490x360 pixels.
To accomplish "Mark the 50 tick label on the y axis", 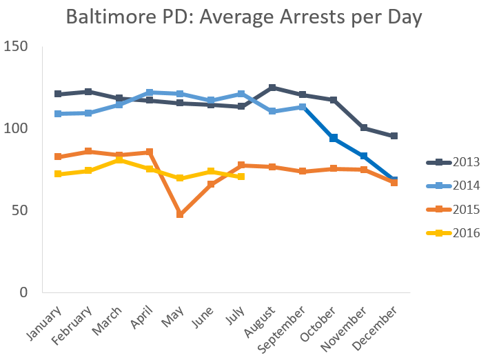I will coord(19,210).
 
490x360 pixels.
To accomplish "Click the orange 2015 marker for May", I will coord(180,214).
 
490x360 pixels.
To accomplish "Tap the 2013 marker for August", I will coord(272,88).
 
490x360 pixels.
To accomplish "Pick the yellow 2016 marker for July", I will coord(241,177).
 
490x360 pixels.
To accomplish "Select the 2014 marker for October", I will coord(334,138).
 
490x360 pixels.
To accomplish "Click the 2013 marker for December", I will coord(394,136).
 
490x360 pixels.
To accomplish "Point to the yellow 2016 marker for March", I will coord(119,159).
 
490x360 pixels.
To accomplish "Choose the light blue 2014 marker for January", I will coord(58,114).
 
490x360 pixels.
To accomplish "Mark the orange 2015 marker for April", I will coord(150,152).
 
